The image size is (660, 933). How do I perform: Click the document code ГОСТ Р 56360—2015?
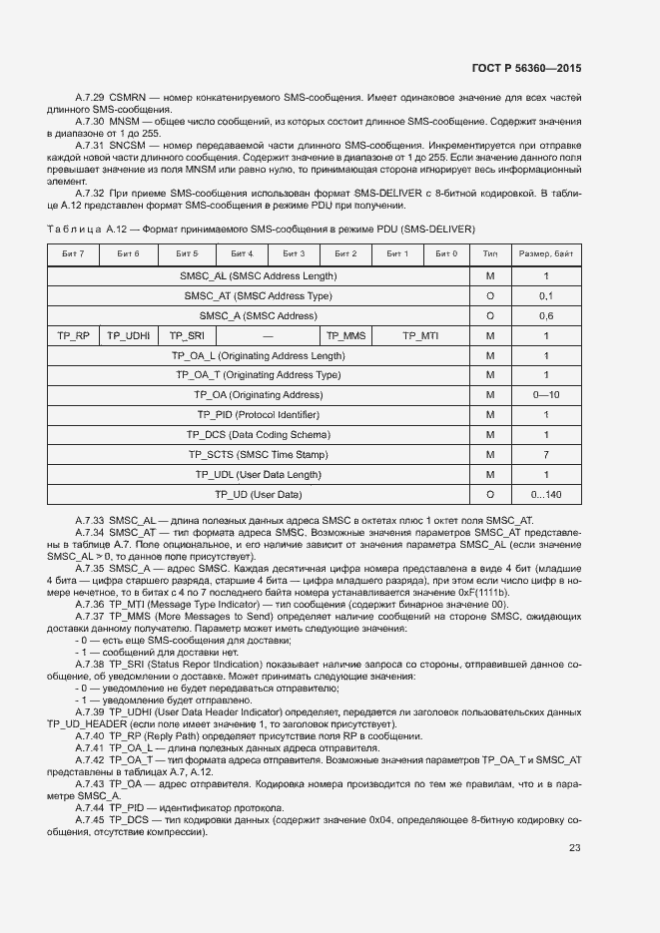click(x=525, y=69)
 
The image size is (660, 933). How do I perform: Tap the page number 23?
click(x=574, y=848)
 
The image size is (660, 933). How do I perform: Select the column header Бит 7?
click(x=73, y=254)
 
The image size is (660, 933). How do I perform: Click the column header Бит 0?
click(x=446, y=254)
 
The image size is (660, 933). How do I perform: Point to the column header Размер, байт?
click(x=545, y=254)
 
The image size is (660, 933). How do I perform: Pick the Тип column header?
click(x=490, y=254)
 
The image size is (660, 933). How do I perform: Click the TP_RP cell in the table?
click(x=73, y=335)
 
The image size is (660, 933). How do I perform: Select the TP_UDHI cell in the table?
click(x=128, y=335)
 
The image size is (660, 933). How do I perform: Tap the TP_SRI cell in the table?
click(x=186, y=335)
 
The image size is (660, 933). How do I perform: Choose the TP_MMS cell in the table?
click(x=346, y=335)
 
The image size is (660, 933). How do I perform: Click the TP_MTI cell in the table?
click(x=420, y=335)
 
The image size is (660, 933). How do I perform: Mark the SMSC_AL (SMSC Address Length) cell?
click(x=259, y=275)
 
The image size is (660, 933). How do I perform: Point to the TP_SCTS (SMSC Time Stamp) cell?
click(x=259, y=454)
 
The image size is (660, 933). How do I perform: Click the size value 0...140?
click(x=546, y=494)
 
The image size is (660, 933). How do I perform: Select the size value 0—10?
click(x=546, y=395)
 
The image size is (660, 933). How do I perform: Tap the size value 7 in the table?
click(x=546, y=454)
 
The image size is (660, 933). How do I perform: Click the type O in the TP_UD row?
click(x=490, y=494)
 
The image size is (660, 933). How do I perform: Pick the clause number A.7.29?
click(x=91, y=99)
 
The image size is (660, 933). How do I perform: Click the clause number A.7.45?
click(x=91, y=818)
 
